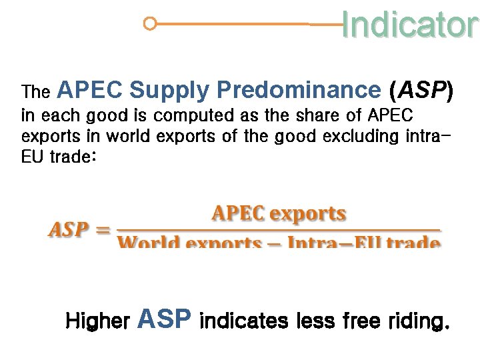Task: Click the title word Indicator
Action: [x=409, y=25]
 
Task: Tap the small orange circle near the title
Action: [x=150, y=24]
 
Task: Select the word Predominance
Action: [x=297, y=90]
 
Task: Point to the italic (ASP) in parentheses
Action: [x=422, y=90]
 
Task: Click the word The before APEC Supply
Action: [x=36, y=91]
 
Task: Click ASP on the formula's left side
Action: [x=69, y=230]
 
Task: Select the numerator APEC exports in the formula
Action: [x=279, y=215]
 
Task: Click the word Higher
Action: [x=97, y=322]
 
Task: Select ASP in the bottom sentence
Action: [x=164, y=319]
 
